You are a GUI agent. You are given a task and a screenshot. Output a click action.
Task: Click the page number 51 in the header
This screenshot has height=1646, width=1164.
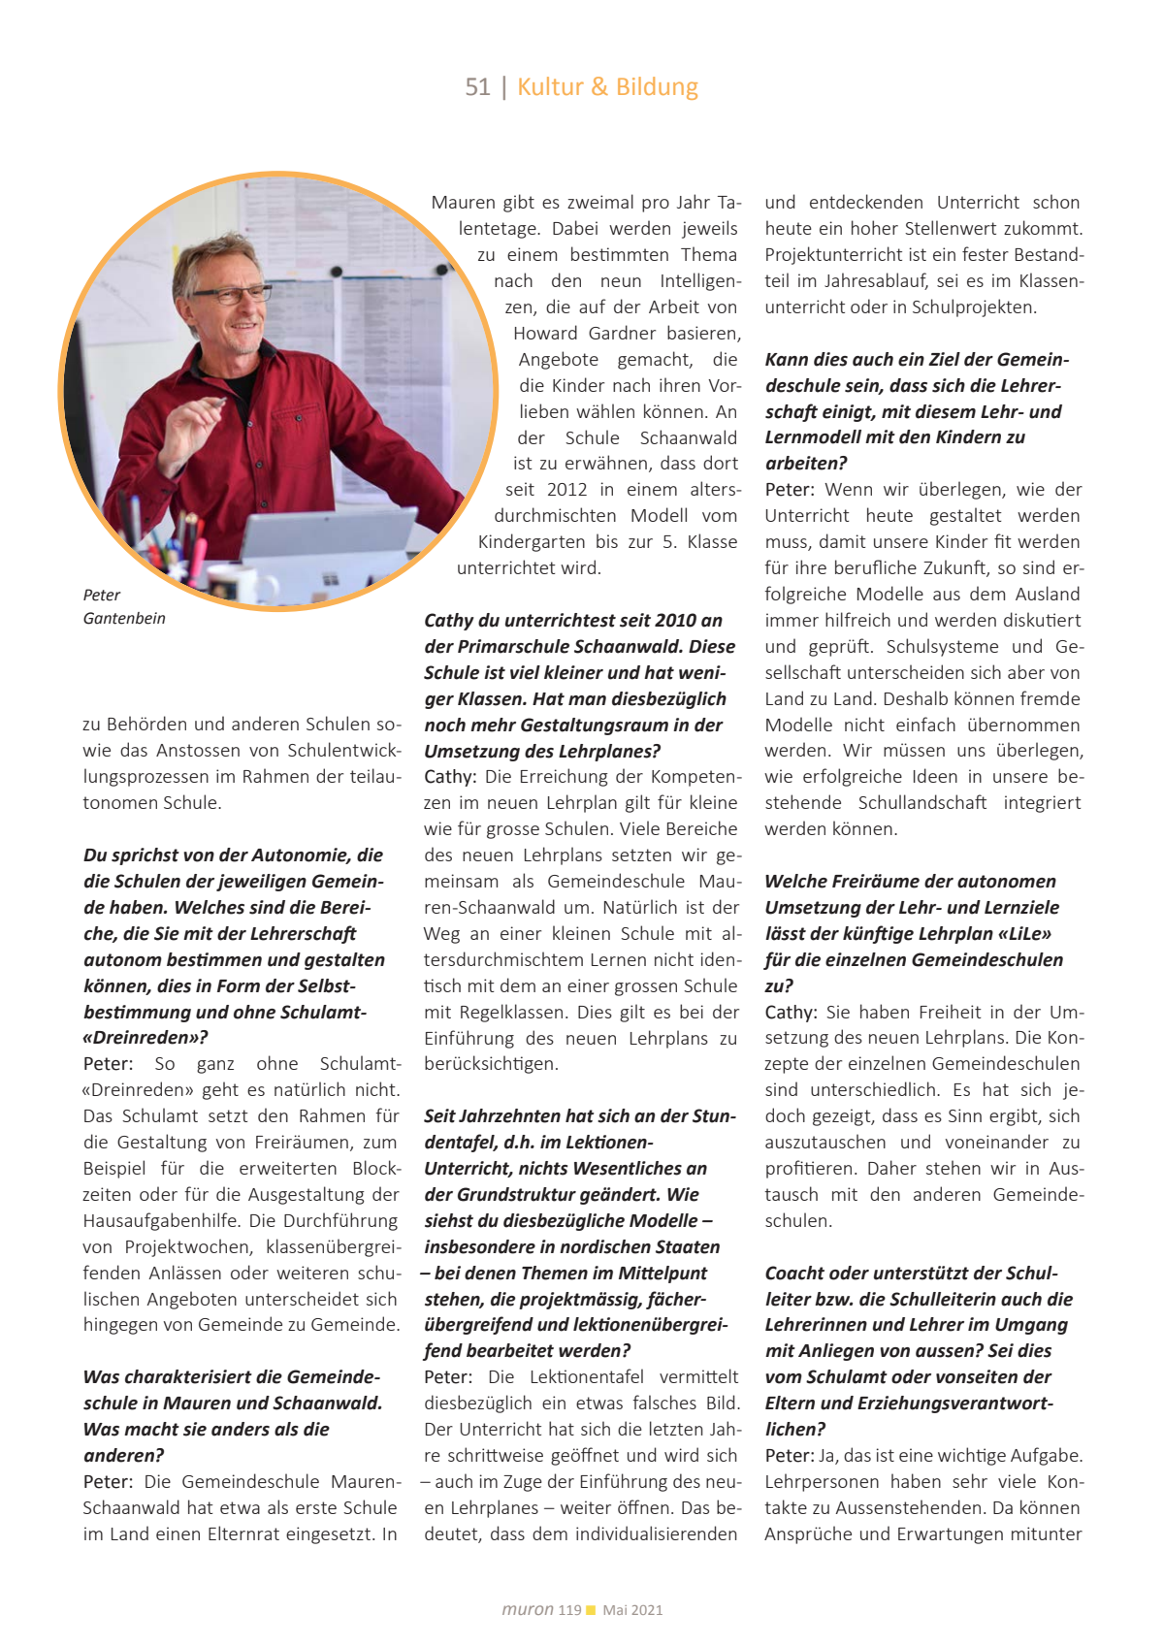click(477, 87)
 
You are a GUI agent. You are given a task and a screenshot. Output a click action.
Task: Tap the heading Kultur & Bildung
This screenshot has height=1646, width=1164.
click(607, 87)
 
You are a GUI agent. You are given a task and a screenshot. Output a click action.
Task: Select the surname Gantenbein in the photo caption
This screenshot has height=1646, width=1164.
click(124, 619)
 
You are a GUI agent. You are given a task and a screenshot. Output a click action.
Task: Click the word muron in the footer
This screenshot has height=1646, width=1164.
click(528, 1609)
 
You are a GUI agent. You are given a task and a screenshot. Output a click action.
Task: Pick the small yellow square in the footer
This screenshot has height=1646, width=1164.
click(591, 1610)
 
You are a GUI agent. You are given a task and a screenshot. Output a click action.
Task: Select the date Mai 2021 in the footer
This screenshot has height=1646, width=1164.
click(632, 1610)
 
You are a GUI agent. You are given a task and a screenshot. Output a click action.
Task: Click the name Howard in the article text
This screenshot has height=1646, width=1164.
click(545, 334)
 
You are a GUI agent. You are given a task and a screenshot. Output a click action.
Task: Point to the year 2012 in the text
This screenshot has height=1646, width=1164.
click(567, 490)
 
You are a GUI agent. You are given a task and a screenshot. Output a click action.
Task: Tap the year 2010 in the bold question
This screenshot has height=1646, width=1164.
click(676, 621)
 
